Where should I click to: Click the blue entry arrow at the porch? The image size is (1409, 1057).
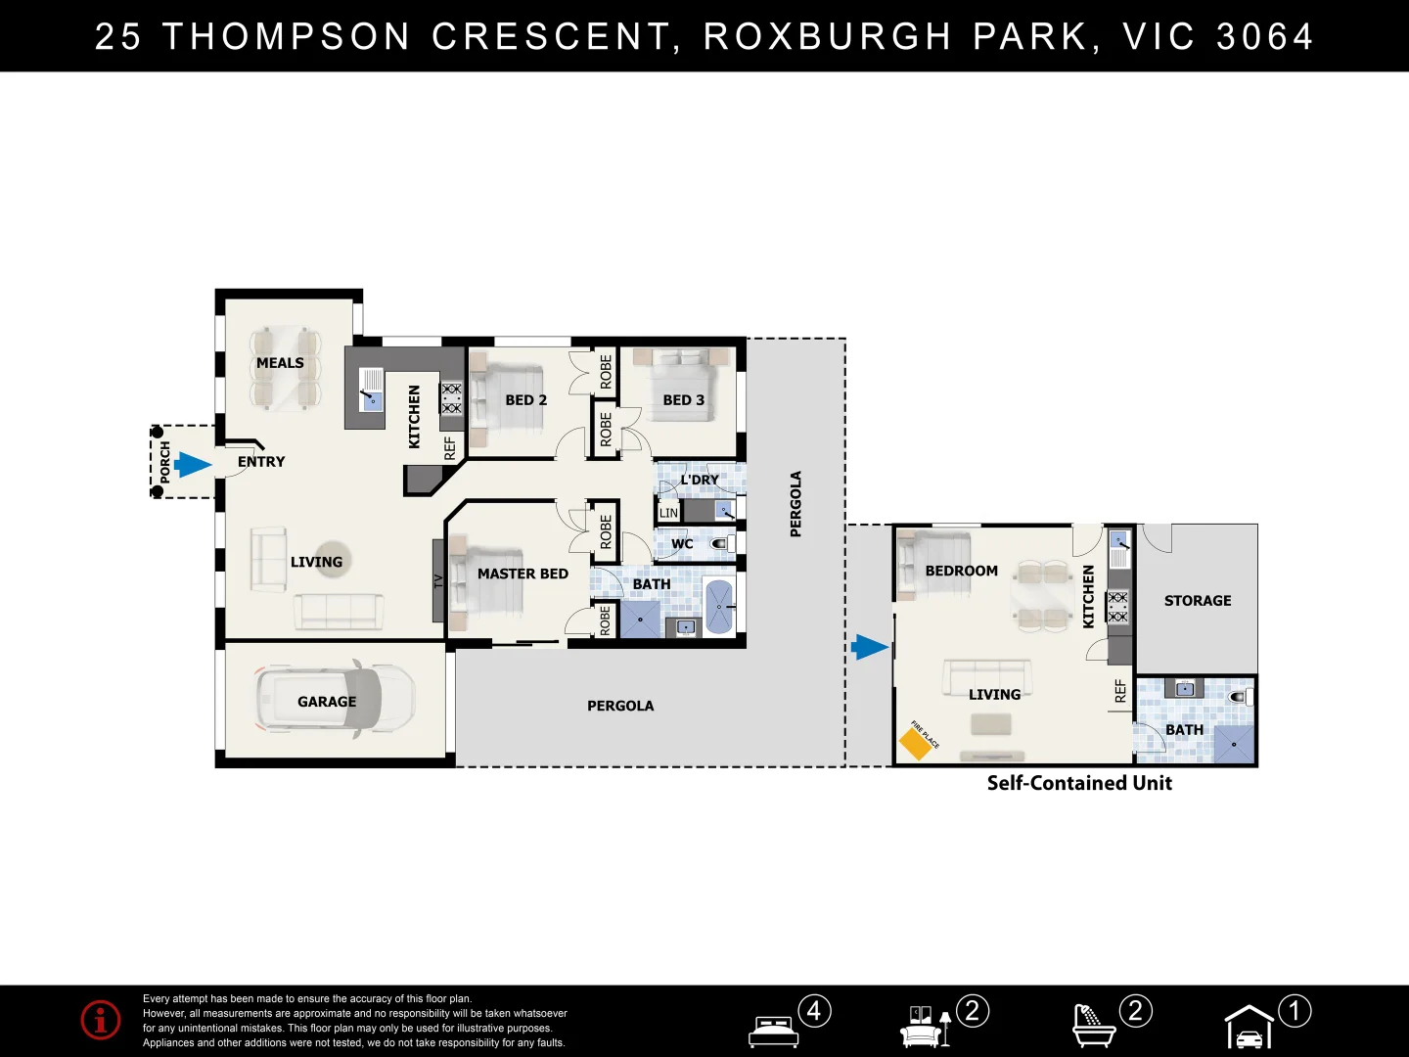point(193,465)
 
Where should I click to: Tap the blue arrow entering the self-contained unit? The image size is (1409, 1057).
point(869,647)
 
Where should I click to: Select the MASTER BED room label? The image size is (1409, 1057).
point(523,574)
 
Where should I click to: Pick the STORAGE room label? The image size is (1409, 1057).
point(1198,601)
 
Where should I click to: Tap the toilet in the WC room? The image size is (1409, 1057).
point(722,543)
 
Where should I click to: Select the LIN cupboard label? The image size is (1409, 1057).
point(668,513)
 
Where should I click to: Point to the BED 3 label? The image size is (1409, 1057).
point(683,400)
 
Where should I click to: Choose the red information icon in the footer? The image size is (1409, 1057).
point(101,1020)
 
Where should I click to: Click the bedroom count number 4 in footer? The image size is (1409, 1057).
point(815,1010)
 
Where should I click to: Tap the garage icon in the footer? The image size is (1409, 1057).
point(1250,1028)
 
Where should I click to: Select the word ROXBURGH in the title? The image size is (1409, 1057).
point(828,36)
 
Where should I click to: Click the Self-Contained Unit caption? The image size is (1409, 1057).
point(1079,783)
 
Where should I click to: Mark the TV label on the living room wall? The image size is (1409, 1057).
point(438,580)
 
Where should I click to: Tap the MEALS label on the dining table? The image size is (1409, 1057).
point(280,363)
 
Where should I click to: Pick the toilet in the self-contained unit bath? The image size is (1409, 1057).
point(1241,697)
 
